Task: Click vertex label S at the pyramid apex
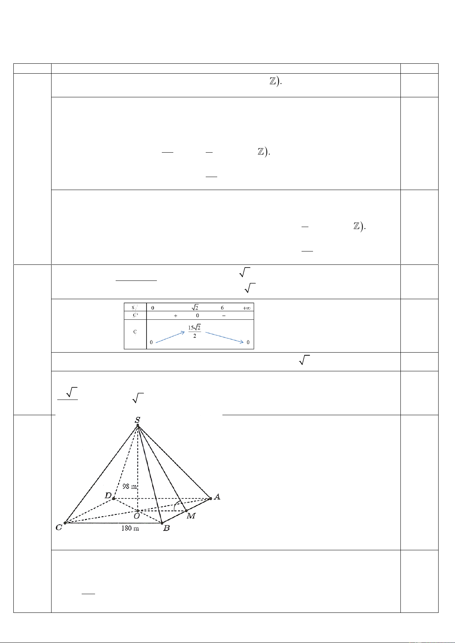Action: pyautogui.click(x=137, y=420)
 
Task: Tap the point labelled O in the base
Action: pyautogui.click(x=136, y=517)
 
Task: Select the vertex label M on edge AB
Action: pyautogui.click(x=191, y=516)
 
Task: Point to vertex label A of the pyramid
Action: pyautogui.click(x=217, y=496)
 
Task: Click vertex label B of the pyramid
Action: pyautogui.click(x=166, y=529)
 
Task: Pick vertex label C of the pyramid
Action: pyautogui.click(x=59, y=527)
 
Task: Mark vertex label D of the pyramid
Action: pyautogui.click(x=108, y=496)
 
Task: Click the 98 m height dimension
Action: pyautogui.click(x=129, y=487)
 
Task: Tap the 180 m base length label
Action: pyautogui.click(x=130, y=528)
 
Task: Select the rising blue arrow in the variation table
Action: pyautogui.click(x=170, y=337)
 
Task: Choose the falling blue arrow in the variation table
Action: pyautogui.click(x=224, y=337)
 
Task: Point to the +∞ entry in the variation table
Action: pyautogui.click(x=246, y=308)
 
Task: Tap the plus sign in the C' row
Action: pyautogui.click(x=176, y=316)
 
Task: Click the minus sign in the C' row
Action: pyautogui.click(x=224, y=316)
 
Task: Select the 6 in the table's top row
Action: pyautogui.click(x=222, y=308)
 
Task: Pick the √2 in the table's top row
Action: pyautogui.click(x=195, y=308)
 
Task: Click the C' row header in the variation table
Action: pyautogui.click(x=135, y=316)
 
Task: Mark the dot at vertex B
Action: pyautogui.click(x=162, y=523)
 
